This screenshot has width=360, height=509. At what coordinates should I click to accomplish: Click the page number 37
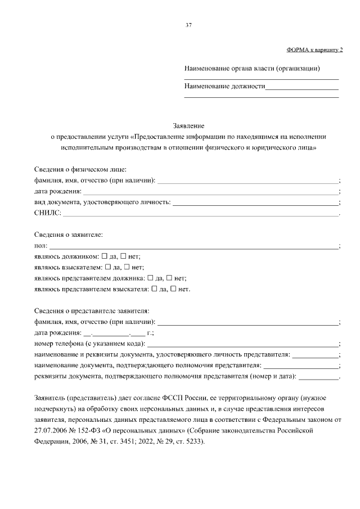click(188, 25)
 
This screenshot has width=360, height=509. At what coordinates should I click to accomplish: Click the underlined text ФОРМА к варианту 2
click(314, 50)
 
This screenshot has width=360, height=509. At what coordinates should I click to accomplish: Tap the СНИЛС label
click(46, 213)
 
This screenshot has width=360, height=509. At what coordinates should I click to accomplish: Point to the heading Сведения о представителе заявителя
click(91, 311)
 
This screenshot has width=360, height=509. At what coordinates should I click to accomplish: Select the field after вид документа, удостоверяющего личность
click(256, 202)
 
